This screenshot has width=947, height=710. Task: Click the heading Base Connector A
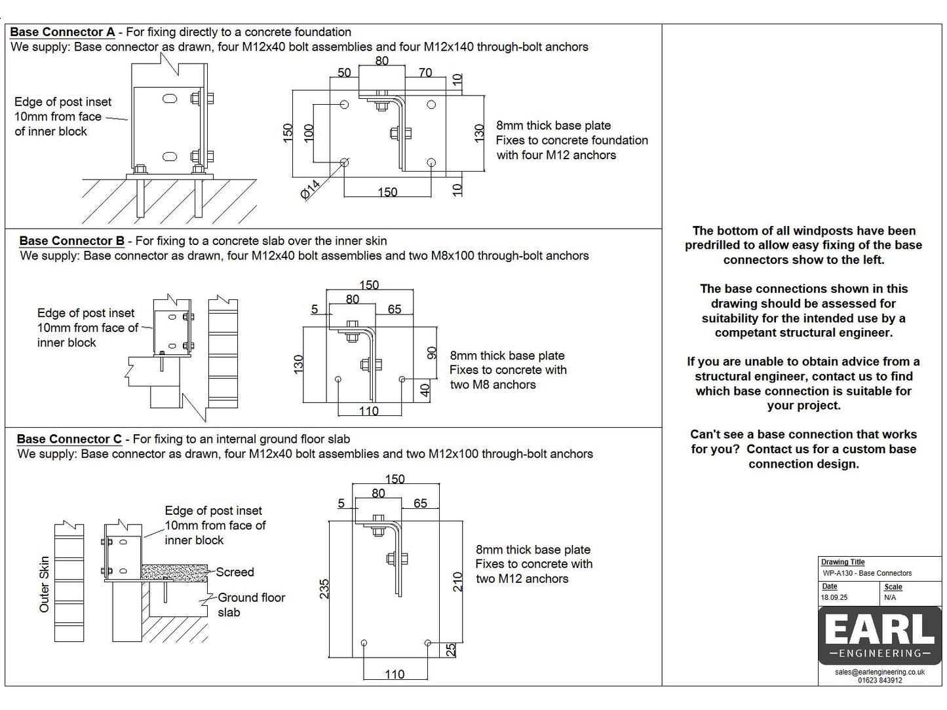(x=62, y=32)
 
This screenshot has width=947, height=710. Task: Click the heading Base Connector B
(x=71, y=241)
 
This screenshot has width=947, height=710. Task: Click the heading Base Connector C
(x=69, y=439)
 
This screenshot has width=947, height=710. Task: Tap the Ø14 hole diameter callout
(x=311, y=190)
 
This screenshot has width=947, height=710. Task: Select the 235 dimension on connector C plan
(x=324, y=588)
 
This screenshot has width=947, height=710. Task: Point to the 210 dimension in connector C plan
(x=459, y=582)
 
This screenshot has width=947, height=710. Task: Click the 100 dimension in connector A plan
(x=309, y=133)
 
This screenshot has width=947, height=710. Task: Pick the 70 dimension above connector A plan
(x=425, y=73)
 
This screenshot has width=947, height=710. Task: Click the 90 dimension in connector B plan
(x=432, y=353)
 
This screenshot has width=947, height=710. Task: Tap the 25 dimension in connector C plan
(x=451, y=650)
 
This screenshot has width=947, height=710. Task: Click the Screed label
(x=235, y=572)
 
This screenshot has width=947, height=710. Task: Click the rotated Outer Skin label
(x=45, y=584)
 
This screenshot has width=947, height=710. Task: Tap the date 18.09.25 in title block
(x=834, y=597)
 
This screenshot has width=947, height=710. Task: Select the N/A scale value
(x=890, y=597)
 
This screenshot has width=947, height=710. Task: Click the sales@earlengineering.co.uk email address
(x=879, y=672)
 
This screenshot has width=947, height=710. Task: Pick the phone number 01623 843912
(x=879, y=681)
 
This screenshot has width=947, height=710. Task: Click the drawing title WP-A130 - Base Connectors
(x=867, y=573)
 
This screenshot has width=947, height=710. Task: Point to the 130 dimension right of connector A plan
(x=479, y=133)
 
